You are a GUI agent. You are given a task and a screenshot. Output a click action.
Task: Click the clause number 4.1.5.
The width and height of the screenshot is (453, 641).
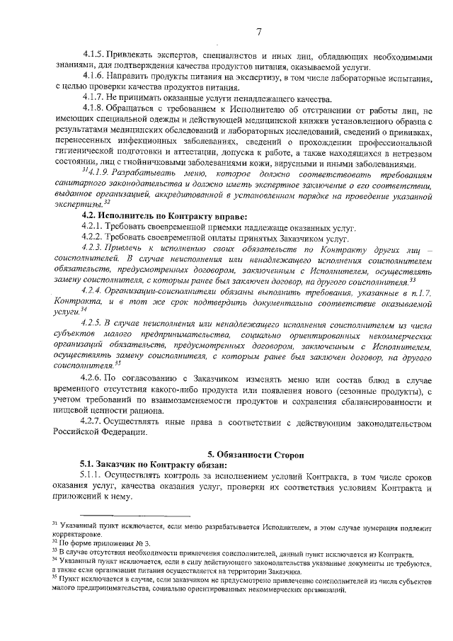click(x=93, y=55)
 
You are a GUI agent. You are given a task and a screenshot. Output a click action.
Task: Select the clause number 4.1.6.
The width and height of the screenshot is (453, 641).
click(x=93, y=76)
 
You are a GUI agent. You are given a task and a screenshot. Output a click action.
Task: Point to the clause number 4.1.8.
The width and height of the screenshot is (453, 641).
click(x=93, y=108)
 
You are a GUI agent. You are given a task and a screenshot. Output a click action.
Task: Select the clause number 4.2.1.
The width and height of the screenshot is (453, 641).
click(x=93, y=226)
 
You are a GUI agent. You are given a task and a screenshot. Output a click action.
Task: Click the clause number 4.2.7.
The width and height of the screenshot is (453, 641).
click(x=93, y=423)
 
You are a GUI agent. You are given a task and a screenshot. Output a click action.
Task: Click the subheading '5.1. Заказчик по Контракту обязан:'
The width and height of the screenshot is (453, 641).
click(x=153, y=465)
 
